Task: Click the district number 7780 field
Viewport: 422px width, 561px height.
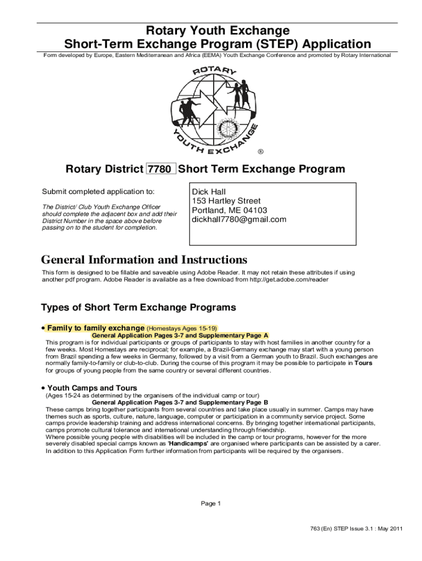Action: (x=161, y=169)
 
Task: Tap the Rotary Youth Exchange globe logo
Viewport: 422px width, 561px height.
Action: (x=215, y=108)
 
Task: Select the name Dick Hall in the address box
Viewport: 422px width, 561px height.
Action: (x=209, y=192)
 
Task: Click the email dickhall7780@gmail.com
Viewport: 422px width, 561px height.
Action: (x=239, y=220)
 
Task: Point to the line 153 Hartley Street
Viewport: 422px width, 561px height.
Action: (x=226, y=201)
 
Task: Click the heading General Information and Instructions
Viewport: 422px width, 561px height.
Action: (x=144, y=259)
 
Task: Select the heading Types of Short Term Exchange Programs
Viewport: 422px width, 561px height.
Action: (x=139, y=307)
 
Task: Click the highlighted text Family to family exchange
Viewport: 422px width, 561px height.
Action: (x=96, y=328)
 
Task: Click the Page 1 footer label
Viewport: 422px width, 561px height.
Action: (x=211, y=503)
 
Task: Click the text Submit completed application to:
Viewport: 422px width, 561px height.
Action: (x=99, y=192)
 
